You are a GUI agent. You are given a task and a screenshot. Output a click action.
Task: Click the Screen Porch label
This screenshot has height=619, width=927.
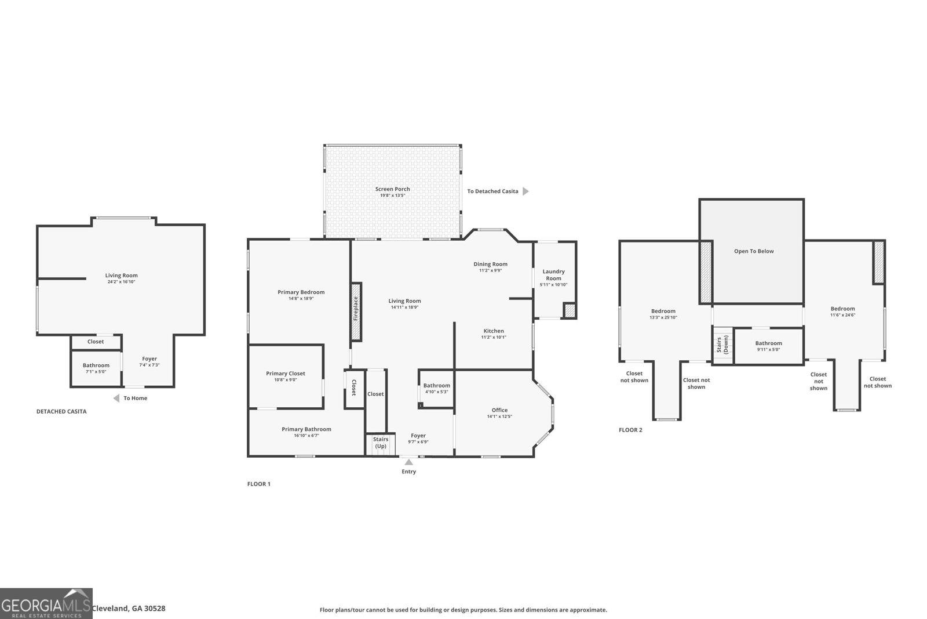(x=392, y=189)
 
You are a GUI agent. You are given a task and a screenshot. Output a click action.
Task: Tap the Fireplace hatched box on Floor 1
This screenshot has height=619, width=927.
(x=356, y=312)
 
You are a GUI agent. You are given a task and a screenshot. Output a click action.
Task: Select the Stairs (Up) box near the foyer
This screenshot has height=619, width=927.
(x=380, y=444)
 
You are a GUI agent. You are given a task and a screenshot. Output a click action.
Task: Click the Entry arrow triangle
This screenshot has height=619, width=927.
(x=408, y=462)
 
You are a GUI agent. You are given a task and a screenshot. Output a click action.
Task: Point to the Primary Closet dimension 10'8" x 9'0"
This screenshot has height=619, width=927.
(x=285, y=380)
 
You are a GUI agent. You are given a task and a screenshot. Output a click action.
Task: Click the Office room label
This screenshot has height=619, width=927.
(x=499, y=410)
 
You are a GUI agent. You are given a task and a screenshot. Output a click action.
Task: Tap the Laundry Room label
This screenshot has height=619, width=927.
(x=553, y=275)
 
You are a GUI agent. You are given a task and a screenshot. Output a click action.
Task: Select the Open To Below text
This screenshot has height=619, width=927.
(x=754, y=251)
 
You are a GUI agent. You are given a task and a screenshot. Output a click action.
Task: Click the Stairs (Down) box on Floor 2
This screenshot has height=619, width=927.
(x=722, y=346)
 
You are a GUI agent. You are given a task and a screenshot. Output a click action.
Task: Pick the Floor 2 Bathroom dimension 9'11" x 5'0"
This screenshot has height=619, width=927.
(x=768, y=349)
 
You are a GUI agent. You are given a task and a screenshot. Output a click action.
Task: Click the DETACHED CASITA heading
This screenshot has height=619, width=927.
(x=61, y=411)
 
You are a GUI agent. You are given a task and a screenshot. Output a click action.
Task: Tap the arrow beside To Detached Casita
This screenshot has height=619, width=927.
(x=525, y=191)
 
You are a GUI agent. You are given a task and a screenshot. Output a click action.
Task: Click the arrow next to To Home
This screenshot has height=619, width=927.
(x=116, y=398)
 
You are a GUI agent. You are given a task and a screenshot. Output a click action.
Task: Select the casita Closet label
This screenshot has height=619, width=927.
(x=96, y=342)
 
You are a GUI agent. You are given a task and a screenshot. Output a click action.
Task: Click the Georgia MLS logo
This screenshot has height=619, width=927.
(x=46, y=603)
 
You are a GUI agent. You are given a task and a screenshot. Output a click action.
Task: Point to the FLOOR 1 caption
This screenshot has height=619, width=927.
(x=258, y=484)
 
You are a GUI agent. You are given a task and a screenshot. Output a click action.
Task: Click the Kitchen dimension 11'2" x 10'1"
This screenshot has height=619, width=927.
(x=494, y=337)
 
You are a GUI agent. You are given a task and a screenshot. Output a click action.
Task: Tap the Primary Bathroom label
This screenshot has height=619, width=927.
(x=306, y=429)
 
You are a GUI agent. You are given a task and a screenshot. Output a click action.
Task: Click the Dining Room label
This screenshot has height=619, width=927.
(x=490, y=264)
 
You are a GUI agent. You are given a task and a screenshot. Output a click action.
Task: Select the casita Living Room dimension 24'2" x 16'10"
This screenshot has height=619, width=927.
(x=121, y=282)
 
